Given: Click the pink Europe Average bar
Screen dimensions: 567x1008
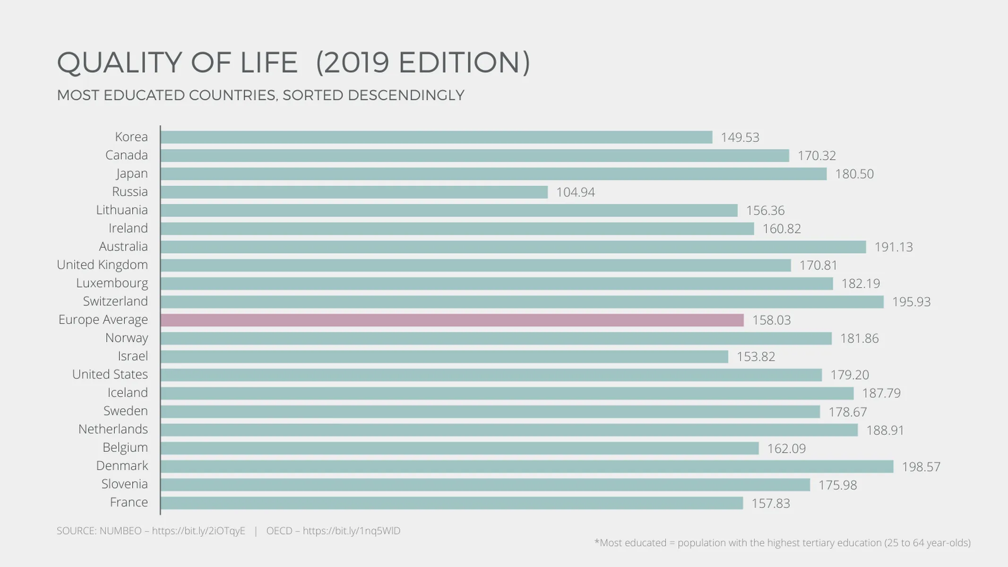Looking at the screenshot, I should click(x=452, y=320).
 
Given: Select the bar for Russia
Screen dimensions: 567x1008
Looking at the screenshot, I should click(x=354, y=192).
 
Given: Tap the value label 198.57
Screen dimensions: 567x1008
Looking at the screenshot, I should click(x=921, y=467).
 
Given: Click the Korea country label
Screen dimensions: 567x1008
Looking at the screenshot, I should click(x=131, y=137).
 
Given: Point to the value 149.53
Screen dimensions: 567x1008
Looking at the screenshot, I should click(x=740, y=137).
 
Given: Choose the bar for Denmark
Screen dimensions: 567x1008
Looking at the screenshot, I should click(x=526, y=466).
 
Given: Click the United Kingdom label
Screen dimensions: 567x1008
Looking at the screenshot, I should click(x=102, y=265).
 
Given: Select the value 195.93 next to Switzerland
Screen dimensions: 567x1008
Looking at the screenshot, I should click(x=911, y=302).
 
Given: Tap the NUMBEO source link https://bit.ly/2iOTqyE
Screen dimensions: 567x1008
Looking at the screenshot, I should click(x=198, y=531).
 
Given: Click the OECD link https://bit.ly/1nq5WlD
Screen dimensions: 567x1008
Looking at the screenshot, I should click(x=351, y=531).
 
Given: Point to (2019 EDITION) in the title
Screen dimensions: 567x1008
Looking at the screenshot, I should click(x=423, y=62).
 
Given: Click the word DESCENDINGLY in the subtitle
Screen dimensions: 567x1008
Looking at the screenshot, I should click(x=406, y=95).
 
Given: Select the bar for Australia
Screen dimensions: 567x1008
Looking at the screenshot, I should click(x=513, y=247).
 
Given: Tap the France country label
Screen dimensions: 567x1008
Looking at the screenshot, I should click(x=129, y=502).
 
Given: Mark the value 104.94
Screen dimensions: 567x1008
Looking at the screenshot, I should click(x=575, y=192).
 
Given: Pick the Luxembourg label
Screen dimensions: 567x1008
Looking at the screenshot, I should click(x=112, y=283).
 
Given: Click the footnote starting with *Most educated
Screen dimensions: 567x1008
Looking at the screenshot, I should click(x=782, y=543).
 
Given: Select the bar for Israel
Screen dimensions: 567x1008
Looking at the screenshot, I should click(x=444, y=357).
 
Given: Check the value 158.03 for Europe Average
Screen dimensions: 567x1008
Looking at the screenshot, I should click(x=771, y=320).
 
